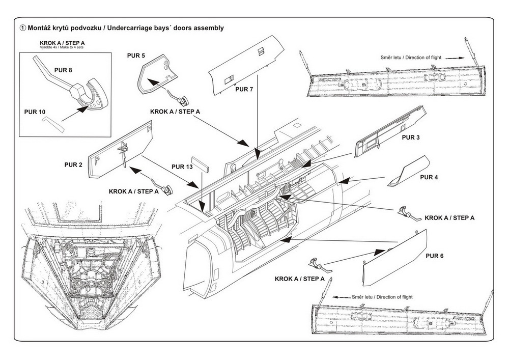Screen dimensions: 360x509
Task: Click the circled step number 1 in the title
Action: coord(22,27)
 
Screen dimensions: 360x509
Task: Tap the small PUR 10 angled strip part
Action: coord(50,122)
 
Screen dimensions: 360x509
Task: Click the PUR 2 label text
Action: coord(73,164)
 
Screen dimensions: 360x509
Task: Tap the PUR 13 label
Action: coord(182,167)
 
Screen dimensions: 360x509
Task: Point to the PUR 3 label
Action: coord(411,137)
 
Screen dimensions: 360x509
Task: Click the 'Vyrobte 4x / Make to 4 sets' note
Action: coord(61,47)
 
